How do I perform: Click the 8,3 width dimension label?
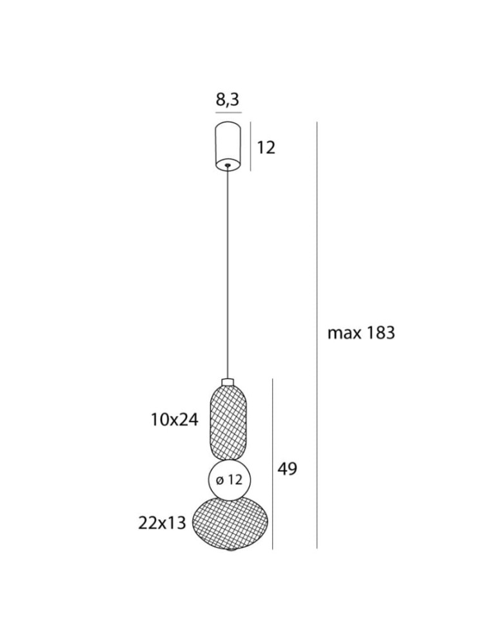click(228, 100)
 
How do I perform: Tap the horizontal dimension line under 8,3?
click(228, 113)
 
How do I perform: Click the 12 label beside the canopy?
click(266, 147)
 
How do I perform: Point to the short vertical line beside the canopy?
click(251, 147)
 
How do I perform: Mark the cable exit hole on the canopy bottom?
click(228, 166)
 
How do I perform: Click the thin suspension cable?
click(228, 270)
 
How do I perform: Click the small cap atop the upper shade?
click(228, 382)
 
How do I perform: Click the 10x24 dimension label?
click(174, 421)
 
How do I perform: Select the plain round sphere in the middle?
click(230, 480)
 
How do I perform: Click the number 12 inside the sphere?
click(235, 480)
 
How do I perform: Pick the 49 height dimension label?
click(287, 469)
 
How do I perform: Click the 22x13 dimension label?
click(162, 523)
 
